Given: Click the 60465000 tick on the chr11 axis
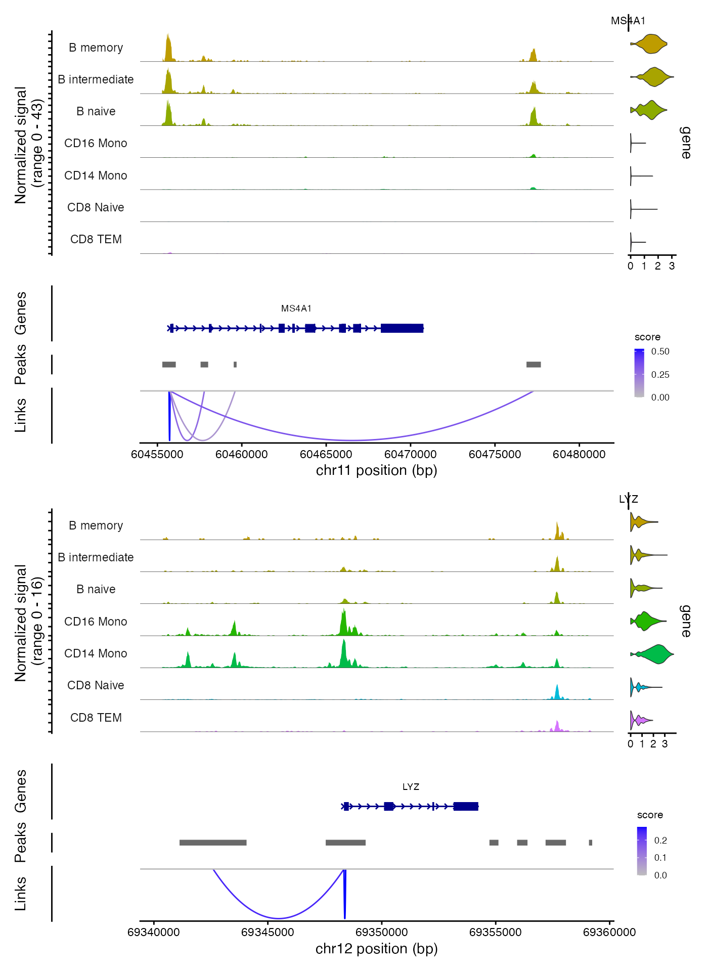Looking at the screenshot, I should coord(326,454).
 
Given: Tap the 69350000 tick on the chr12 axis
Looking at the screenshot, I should coord(381,932).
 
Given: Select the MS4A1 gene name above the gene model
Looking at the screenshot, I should coord(296,308).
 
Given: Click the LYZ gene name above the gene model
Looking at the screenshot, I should coord(411,787).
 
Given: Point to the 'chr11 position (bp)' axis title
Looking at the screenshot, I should coord(376,470).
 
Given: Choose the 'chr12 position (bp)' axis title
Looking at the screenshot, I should coord(376,949).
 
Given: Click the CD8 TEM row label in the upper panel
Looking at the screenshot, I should coord(96,239).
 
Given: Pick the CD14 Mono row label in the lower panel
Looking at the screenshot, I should coord(96,653).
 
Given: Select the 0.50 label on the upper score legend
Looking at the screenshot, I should coord(660,351).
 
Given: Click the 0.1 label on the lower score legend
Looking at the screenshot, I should coord(660,858).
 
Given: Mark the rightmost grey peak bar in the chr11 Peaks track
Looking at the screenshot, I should coord(534,365).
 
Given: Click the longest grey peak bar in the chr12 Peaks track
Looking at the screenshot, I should coord(213,843).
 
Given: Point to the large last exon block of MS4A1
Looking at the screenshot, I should coord(402,328).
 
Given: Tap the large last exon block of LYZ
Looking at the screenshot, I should coord(466,806).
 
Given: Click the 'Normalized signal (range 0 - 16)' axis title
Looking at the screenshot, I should coord(28,623).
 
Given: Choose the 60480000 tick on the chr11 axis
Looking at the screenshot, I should coord(579,454).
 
